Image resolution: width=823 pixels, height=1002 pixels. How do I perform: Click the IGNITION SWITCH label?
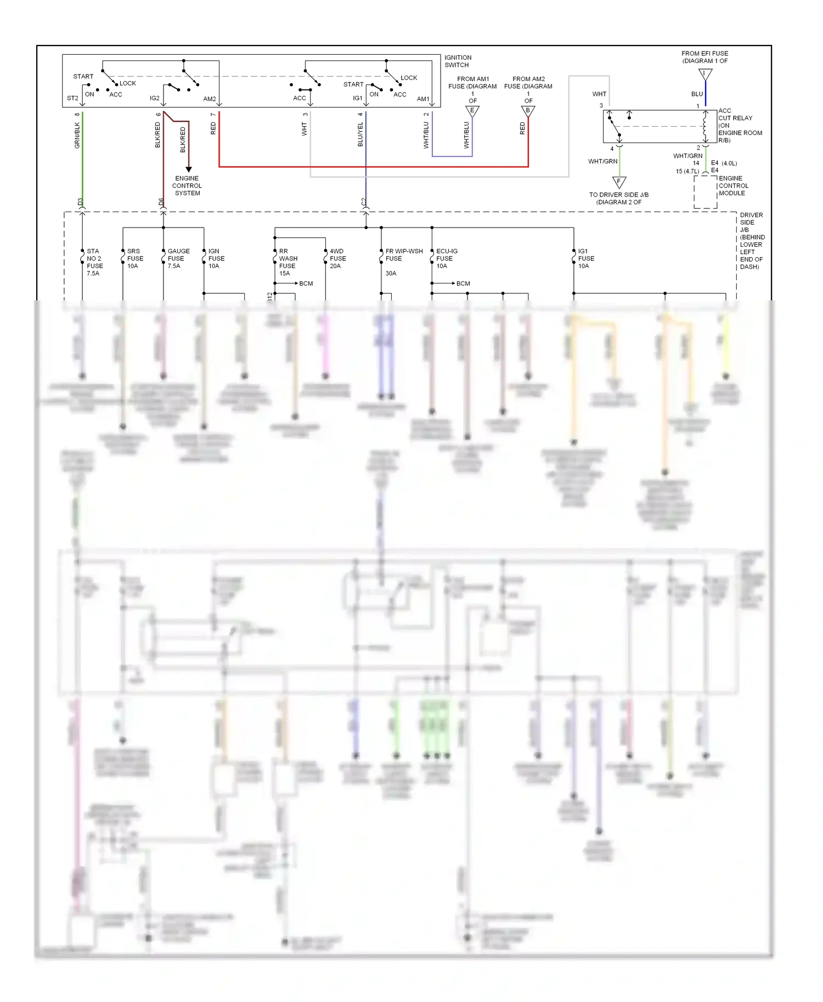pyautogui.click(x=458, y=61)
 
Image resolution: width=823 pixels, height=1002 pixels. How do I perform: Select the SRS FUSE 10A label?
pyautogui.click(x=135, y=258)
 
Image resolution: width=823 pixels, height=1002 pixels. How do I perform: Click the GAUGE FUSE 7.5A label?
pyautogui.click(x=178, y=258)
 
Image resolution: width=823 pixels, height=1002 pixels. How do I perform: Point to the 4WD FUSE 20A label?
pyautogui.click(x=337, y=258)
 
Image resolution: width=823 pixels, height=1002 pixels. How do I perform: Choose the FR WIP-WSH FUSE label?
pyautogui.click(x=403, y=255)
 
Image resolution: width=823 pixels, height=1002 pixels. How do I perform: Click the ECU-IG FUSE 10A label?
pyautogui.click(x=446, y=258)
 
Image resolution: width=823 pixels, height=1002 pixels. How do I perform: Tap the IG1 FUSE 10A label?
pyautogui.click(x=586, y=258)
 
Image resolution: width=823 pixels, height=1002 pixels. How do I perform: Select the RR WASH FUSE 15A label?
pyautogui.click(x=288, y=262)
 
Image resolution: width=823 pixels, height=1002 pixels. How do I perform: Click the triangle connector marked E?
pyautogui.click(x=472, y=111)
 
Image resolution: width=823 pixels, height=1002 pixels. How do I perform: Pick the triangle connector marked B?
pyautogui.click(x=528, y=111)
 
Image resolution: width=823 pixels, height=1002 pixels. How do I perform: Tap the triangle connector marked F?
pyautogui.click(x=619, y=181)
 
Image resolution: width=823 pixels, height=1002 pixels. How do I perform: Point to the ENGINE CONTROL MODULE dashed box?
pyautogui.click(x=705, y=192)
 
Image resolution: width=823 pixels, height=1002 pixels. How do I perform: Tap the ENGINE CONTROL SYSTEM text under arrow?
pyautogui.click(x=187, y=186)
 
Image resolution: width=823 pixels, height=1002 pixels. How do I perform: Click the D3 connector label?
pyautogui.click(x=80, y=202)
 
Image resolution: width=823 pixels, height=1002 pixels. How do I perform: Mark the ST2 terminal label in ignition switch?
pyautogui.click(x=72, y=98)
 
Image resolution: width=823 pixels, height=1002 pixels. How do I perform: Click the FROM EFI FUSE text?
pyautogui.click(x=704, y=54)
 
